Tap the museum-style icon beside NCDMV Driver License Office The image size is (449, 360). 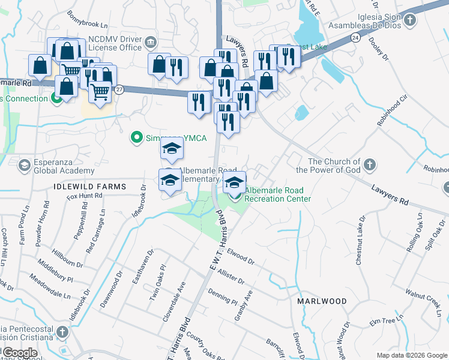[150, 41]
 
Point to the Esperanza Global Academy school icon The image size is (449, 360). [25, 164]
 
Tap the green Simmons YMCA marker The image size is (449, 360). [136, 138]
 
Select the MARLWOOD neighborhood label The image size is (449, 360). [322, 301]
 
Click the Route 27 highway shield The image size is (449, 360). [119, 89]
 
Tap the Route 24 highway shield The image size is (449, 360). [355, 38]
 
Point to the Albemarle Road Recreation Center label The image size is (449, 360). [278, 194]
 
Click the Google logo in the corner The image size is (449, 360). [20, 353]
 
